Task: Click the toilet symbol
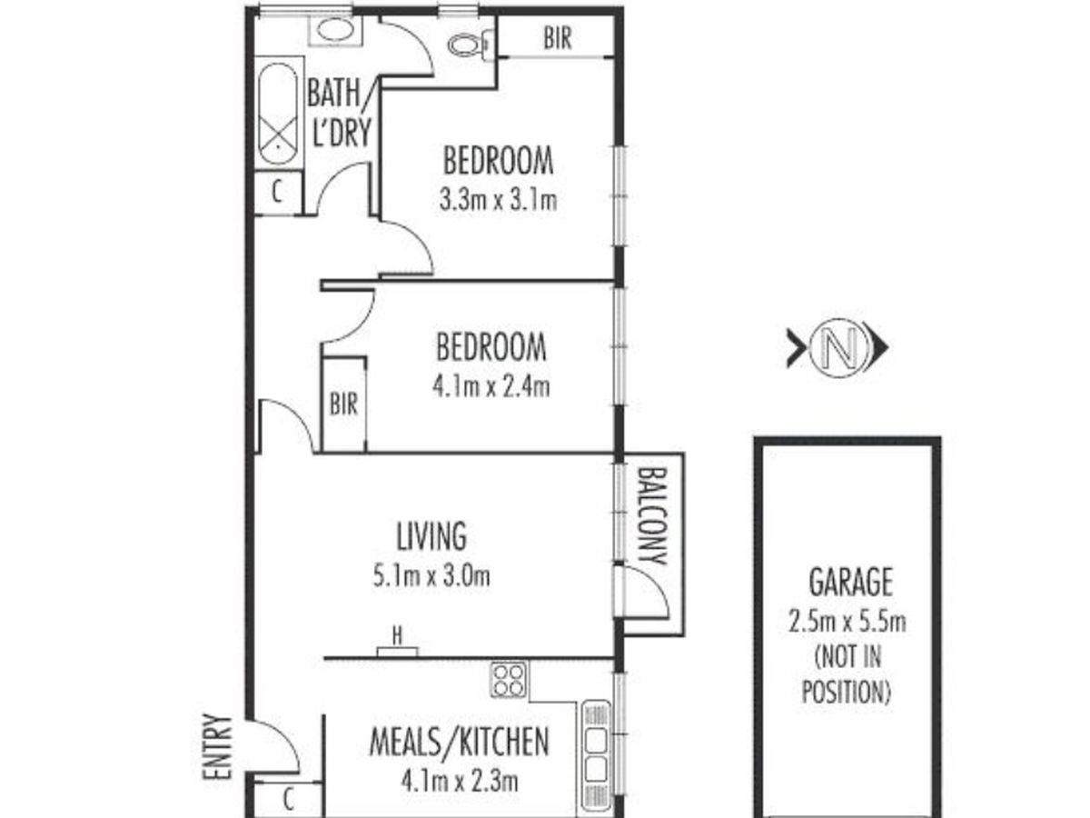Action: coord(471,45)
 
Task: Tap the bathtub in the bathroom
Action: coord(278,114)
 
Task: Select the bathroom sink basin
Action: coord(335,29)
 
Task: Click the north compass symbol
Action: coord(837,347)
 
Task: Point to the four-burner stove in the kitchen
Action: coord(509,680)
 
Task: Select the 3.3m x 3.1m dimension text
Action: coord(498,200)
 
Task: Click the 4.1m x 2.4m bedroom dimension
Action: coord(491,386)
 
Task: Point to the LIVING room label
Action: coord(431,536)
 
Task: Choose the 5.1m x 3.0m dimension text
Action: coord(431,576)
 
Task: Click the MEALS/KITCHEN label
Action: coord(460,742)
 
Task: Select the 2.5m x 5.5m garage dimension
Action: coord(847,622)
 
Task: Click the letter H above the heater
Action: coord(397,635)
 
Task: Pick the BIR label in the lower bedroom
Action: coord(343,404)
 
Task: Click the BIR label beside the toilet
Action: coord(558,38)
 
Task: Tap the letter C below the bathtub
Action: coord(277,191)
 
